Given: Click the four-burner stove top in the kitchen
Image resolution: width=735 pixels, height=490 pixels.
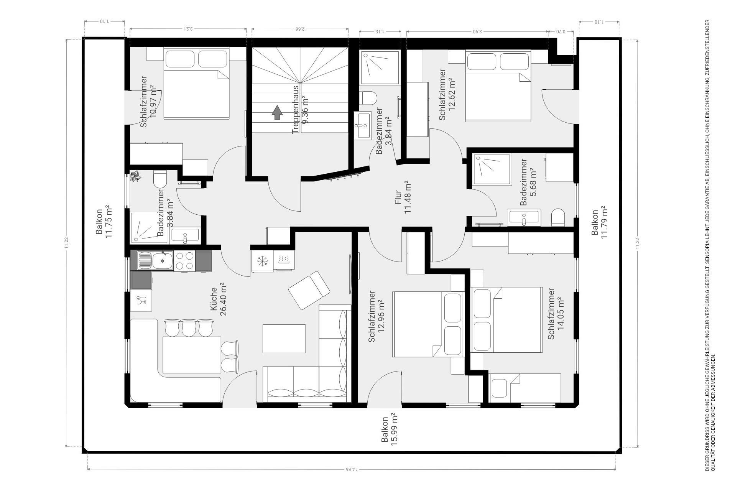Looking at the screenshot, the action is [184, 261].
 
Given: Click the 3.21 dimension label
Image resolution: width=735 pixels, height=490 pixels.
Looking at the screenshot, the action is [188, 28].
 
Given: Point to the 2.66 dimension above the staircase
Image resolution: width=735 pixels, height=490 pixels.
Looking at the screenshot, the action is [300, 28].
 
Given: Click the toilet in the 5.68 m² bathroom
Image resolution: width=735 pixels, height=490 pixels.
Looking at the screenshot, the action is [558, 218].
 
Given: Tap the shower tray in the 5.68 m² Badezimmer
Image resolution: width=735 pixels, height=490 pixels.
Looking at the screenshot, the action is [492, 170].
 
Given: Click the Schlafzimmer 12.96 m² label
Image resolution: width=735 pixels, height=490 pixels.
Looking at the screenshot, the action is [377, 316].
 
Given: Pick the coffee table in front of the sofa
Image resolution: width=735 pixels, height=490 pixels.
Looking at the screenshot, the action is [284, 339].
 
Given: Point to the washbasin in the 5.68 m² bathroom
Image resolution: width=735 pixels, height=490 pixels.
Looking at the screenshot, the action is [524, 218].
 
